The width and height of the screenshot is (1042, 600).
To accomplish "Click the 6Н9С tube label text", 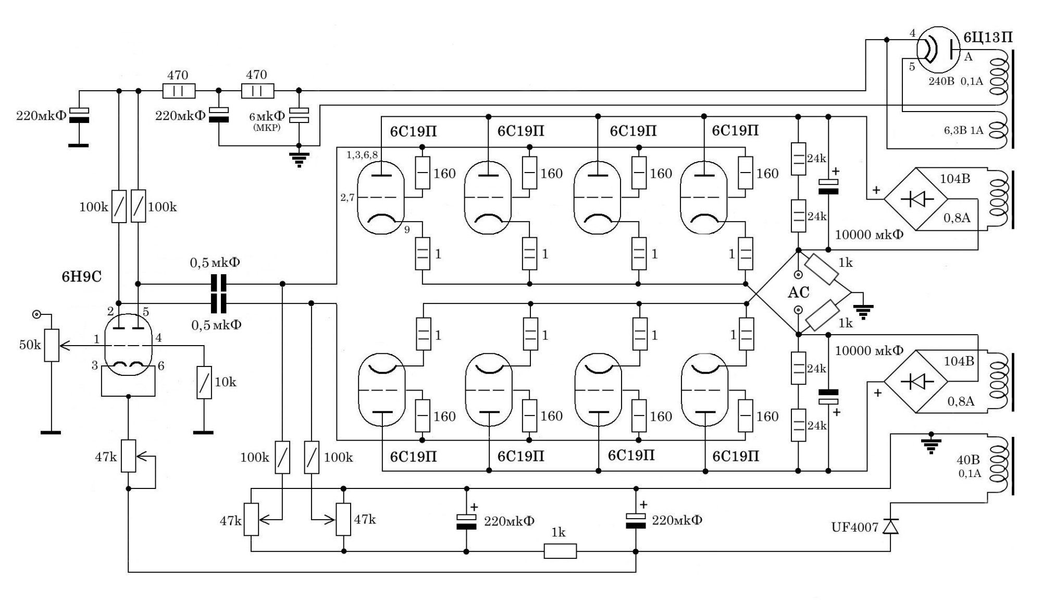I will pyautogui.click(x=81, y=276).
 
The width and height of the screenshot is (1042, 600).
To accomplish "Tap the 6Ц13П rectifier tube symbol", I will pyautogui.click(x=936, y=50).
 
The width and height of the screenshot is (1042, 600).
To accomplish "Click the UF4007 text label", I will pyautogui.click(x=854, y=528).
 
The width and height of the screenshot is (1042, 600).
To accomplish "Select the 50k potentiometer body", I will pyautogui.click(x=51, y=345).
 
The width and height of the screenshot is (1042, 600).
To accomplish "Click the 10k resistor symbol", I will pyautogui.click(x=204, y=382).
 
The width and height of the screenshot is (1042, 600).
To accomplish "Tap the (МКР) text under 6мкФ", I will pyautogui.click(x=267, y=127).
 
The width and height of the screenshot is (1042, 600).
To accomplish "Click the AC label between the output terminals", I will pyautogui.click(x=798, y=293).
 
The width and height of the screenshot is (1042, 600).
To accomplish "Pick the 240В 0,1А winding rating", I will pyautogui.click(x=956, y=82).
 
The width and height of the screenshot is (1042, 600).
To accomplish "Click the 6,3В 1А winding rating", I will pyautogui.click(x=963, y=130).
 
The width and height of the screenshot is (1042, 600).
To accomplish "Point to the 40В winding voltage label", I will pyautogui.click(x=968, y=460).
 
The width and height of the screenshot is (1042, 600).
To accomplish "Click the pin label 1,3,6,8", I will pyautogui.click(x=362, y=155).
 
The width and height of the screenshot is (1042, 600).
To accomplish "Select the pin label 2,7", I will pyautogui.click(x=348, y=198).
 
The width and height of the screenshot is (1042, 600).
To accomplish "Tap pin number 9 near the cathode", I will pyautogui.click(x=406, y=229).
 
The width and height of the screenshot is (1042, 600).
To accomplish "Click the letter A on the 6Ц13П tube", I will pyautogui.click(x=968, y=57).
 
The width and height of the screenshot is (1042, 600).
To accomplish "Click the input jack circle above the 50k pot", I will pyautogui.click(x=36, y=314).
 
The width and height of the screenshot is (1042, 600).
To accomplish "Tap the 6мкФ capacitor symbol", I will pyautogui.click(x=299, y=116).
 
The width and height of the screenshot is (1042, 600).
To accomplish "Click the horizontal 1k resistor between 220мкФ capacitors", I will pyautogui.click(x=560, y=551).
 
